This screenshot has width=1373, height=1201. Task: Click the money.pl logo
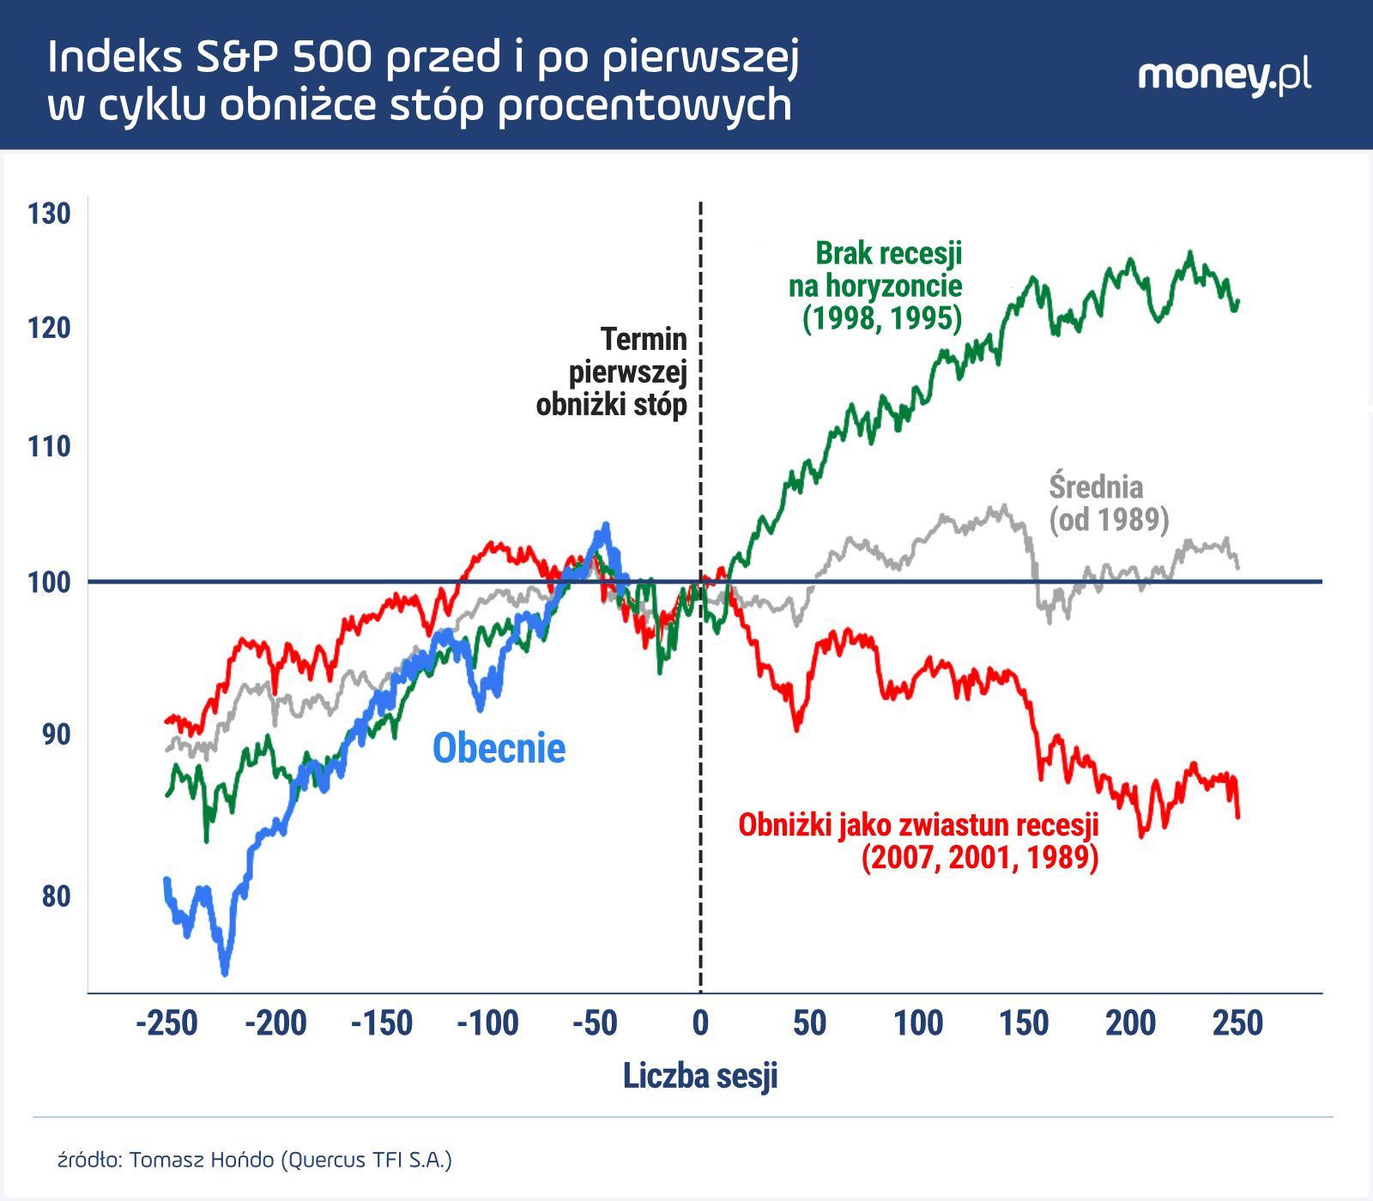tap(1224, 75)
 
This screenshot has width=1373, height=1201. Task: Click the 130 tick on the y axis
tap(49, 214)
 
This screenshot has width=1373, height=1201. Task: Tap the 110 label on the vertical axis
tap(49, 447)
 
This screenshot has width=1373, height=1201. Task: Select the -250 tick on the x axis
tap(167, 1023)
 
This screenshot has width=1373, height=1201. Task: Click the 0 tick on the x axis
tap(700, 1023)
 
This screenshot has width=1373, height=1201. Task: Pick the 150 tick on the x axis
tap(1024, 1023)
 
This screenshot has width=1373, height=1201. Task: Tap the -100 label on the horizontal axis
tap(487, 1023)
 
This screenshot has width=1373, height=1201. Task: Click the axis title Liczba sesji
tap(700, 1076)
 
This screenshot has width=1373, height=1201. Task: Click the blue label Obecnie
tap(499, 748)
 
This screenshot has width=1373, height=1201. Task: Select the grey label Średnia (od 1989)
tap(1108, 504)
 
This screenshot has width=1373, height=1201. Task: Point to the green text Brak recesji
tap(888, 254)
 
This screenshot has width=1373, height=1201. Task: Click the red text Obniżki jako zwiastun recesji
tap(918, 825)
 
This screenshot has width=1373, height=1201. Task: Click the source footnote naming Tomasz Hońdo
tap(254, 1160)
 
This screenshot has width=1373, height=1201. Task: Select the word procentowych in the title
tap(644, 106)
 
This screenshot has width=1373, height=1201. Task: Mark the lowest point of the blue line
tap(225, 973)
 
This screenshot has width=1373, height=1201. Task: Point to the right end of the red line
tap(1237, 816)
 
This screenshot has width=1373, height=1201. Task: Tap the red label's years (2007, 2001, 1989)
tap(980, 858)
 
